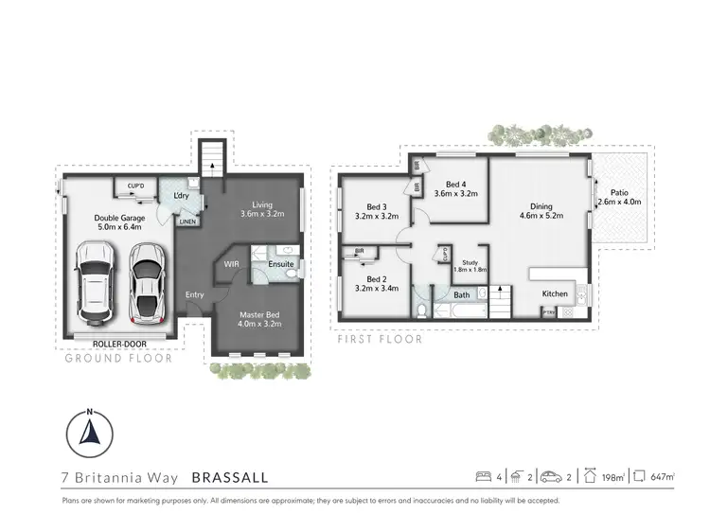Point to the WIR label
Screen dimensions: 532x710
pyautogui.click(x=231, y=265)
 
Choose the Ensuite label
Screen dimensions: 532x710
pyautogui.click(x=280, y=264)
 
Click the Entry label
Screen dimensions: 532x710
pyautogui.click(x=194, y=294)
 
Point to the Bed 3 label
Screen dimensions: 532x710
pyautogui.click(x=377, y=207)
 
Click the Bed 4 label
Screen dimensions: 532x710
pyautogui.click(x=454, y=185)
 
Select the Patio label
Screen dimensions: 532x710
pyautogui.click(x=619, y=190)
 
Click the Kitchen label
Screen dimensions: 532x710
pyautogui.click(x=555, y=293)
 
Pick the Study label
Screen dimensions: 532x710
pyautogui.click(x=468, y=262)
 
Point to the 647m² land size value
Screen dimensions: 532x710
pyautogui.click(x=663, y=477)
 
